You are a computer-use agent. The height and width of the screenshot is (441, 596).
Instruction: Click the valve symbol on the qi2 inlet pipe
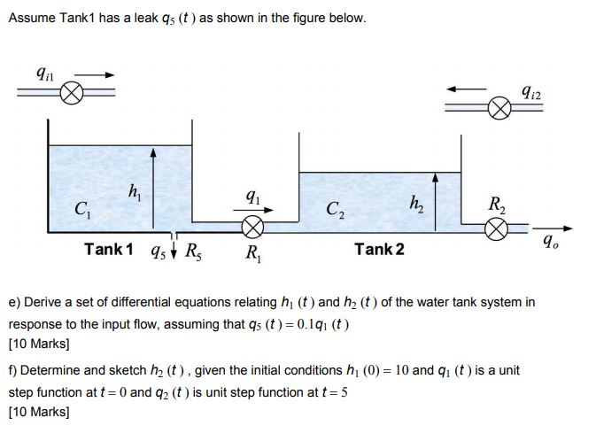500,109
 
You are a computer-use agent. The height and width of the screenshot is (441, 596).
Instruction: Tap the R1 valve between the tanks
253,228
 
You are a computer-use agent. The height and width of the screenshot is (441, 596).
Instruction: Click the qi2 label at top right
532,89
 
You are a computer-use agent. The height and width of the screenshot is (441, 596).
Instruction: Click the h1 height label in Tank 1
133,189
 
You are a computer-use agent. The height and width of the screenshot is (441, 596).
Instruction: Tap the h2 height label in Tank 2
413,203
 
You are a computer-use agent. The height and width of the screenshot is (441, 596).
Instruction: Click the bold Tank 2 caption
379,250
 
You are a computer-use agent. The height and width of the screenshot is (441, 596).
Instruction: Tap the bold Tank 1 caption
108,250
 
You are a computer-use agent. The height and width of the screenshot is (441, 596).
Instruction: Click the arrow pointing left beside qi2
466,88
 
